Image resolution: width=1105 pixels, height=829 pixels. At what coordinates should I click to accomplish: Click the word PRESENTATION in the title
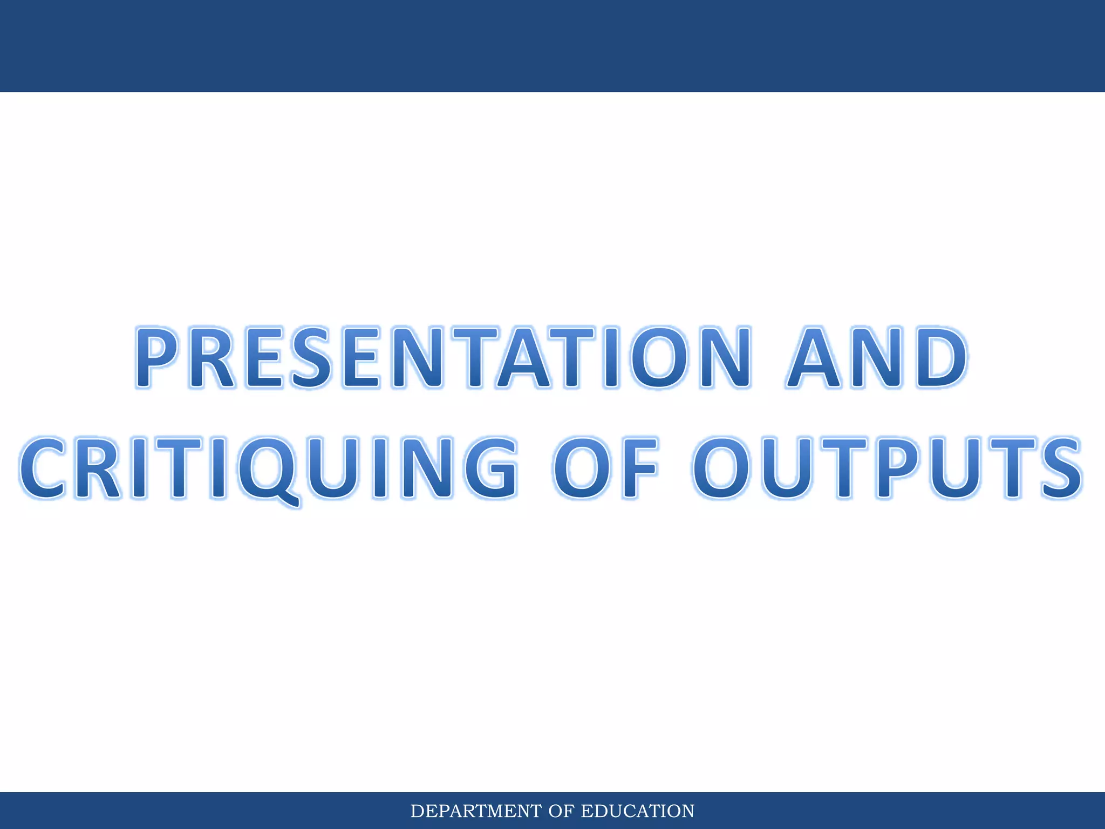pyautogui.click(x=442, y=357)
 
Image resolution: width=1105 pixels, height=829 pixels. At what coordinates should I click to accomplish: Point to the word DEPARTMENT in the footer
pyautogui.click(x=475, y=811)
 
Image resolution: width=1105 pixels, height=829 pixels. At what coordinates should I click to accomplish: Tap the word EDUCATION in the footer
pyautogui.click(x=637, y=811)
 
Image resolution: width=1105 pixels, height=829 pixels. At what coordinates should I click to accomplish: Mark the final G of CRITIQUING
pyautogui.click(x=488, y=468)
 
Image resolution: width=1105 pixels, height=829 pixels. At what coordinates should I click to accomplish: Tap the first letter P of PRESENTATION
pyautogui.click(x=156, y=357)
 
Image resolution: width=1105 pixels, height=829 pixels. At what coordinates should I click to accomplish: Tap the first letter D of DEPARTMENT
pyautogui.click(x=417, y=811)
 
